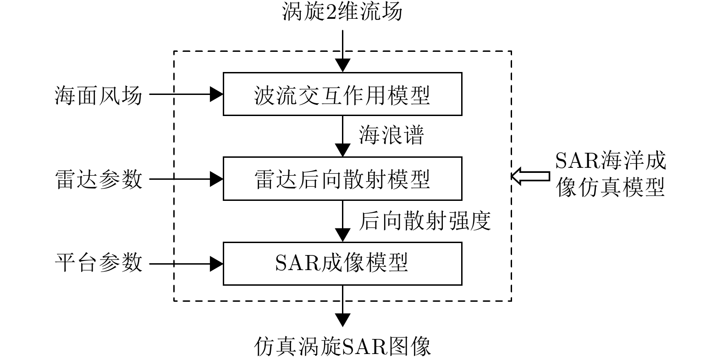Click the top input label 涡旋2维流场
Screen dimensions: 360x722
[342, 11]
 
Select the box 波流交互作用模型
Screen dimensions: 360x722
[342, 94]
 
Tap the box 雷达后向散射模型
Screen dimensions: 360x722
[342, 178]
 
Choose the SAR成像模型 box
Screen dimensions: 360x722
[342, 263]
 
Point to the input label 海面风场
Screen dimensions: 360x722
[98, 95]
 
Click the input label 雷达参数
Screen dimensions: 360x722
[98, 179]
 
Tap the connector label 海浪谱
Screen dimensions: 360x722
[391, 136]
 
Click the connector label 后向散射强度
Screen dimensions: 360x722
[424, 221]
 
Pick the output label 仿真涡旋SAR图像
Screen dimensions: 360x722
[342, 346]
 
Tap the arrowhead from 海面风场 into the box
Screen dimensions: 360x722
[216, 94]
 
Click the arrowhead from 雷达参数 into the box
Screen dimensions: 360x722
[216, 179]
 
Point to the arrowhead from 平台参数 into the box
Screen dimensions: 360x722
[216, 264]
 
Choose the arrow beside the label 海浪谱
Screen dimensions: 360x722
[342, 136]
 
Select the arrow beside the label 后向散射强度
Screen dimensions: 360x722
[342, 221]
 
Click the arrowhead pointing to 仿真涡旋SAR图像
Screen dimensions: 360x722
[342, 320]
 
